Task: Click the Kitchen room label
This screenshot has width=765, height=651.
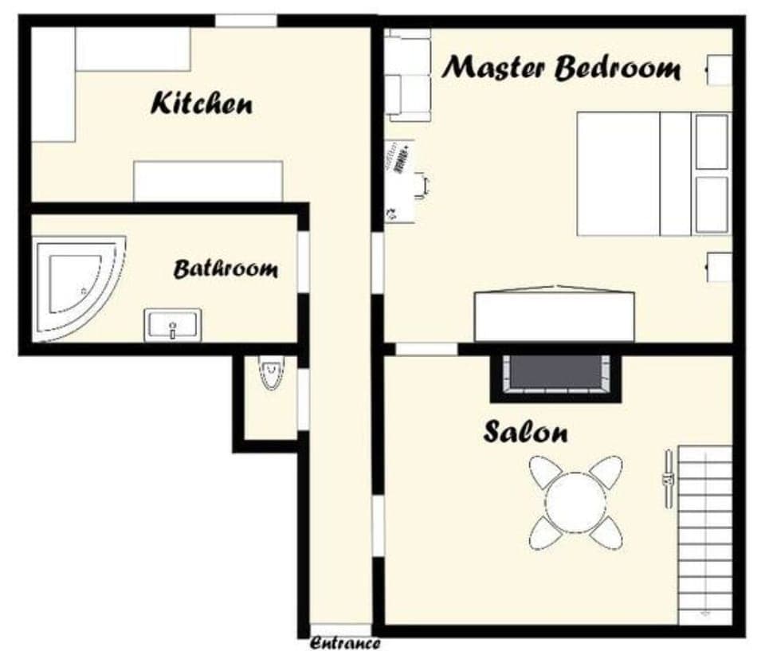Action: tap(202, 104)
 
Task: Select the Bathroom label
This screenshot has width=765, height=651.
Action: tap(226, 269)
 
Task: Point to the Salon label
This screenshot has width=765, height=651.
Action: tap(525, 433)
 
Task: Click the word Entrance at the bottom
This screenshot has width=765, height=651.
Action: tap(344, 642)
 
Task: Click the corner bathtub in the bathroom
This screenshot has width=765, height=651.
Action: tap(76, 283)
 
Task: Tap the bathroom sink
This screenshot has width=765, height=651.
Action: tap(173, 324)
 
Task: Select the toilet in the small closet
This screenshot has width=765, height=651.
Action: tap(271, 373)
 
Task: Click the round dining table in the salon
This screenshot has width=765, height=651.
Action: tap(575, 502)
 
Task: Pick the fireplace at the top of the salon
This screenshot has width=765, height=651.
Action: tap(556, 375)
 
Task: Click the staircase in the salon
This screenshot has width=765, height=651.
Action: tap(704, 534)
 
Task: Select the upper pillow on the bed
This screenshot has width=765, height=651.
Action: tap(712, 142)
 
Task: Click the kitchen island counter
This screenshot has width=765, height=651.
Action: tap(207, 181)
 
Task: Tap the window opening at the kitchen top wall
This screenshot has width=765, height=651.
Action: tap(245, 21)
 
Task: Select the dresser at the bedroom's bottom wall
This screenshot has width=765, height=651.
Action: tap(554, 316)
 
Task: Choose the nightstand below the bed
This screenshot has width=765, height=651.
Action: tap(720, 266)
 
